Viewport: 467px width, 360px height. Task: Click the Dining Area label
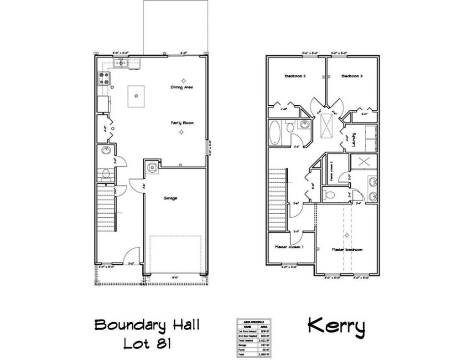point(182,87)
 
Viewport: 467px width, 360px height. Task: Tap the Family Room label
point(181,123)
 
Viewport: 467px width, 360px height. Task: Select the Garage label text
point(171,198)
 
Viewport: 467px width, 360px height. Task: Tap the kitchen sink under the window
point(122,63)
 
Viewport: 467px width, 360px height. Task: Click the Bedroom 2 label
point(295,77)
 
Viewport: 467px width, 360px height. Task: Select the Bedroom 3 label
point(352,77)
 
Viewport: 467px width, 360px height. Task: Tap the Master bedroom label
point(347,250)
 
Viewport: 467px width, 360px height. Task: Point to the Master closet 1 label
point(290,247)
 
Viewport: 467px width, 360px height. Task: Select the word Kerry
point(336,326)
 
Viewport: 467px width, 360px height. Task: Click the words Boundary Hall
point(147,325)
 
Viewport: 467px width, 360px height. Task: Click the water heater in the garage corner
point(152,167)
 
